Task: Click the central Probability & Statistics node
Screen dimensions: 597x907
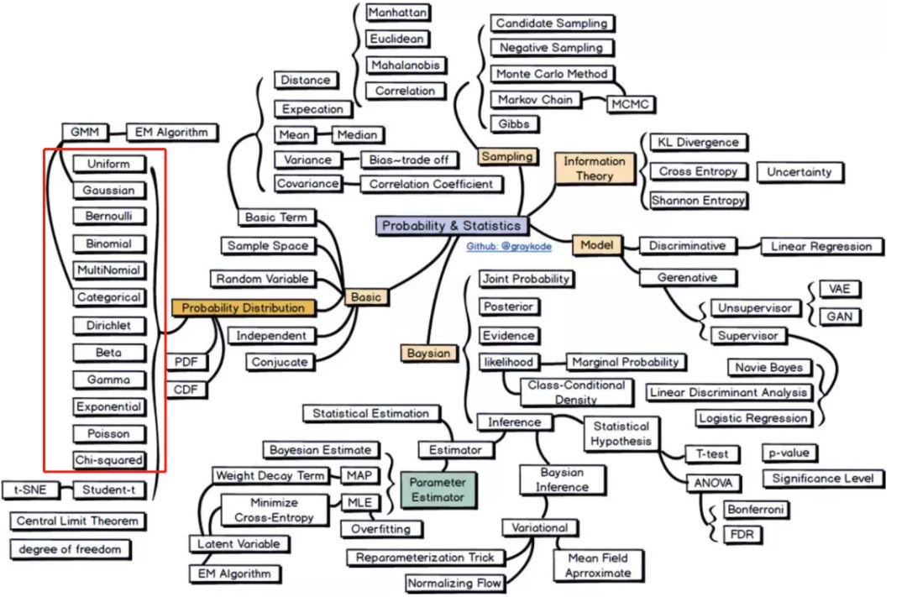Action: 452,225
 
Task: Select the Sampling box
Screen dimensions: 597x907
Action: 506,157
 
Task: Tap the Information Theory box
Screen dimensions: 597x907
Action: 594,168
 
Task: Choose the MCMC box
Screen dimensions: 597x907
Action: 630,104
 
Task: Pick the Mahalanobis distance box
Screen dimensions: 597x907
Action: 406,65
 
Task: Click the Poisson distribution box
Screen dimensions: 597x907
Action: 108,434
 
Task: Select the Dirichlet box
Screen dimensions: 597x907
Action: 108,325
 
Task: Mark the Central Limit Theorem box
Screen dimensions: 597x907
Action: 76,521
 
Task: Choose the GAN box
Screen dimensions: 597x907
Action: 838,317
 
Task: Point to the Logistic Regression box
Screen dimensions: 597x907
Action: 752,418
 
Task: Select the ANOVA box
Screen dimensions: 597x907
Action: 712,483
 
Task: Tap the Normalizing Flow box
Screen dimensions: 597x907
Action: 454,583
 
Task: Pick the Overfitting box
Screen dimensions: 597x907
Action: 381,529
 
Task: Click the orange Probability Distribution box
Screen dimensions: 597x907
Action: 244,307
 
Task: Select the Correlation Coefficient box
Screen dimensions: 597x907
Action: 432,184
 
